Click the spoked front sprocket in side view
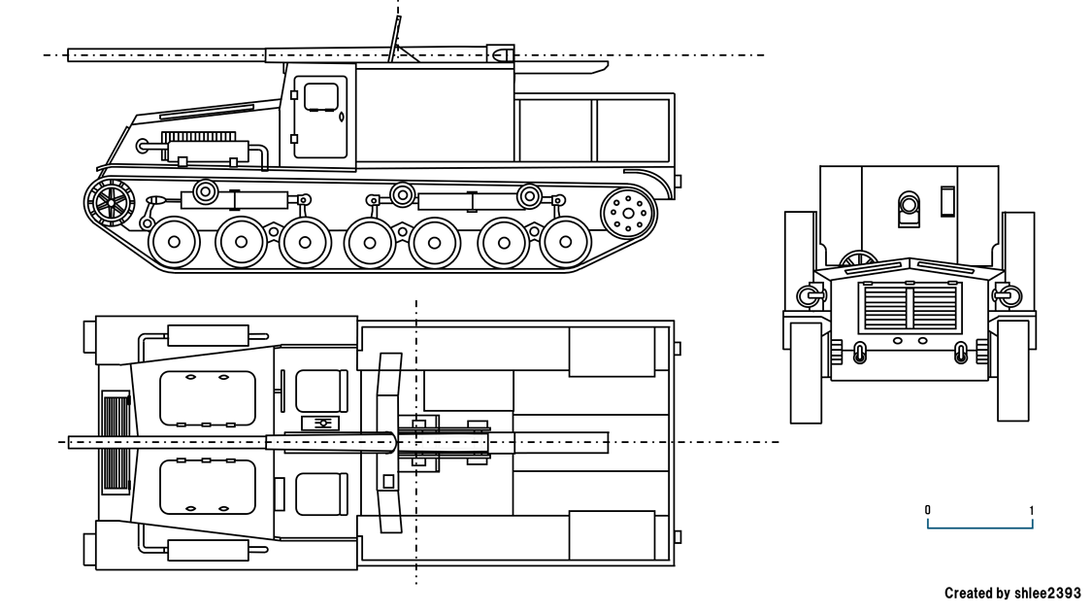111,203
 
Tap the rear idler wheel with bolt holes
628,213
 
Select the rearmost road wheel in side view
566,242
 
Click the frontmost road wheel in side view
175,242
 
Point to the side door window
320,97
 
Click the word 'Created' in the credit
967,594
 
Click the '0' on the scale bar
928,510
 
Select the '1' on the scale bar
1032,510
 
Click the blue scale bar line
980,528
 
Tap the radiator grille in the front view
910,307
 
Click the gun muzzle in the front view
909,205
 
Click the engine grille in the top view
116,442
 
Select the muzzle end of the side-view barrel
74,55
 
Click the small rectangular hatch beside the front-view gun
948,201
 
